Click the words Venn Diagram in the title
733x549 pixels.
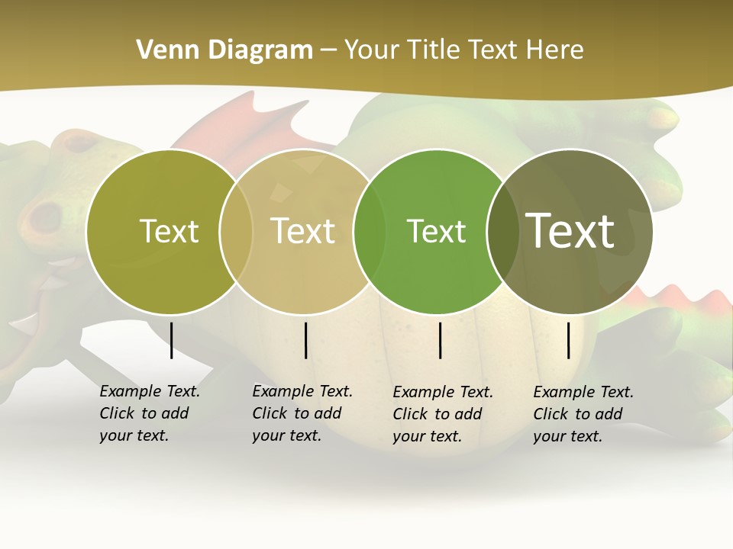pyautogui.click(x=224, y=50)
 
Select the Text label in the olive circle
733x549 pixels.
pyautogui.click(x=169, y=231)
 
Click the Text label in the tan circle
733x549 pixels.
pyautogui.click(x=302, y=231)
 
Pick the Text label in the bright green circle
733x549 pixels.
pyautogui.click(x=436, y=231)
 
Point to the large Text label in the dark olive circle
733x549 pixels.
pyautogui.click(x=570, y=230)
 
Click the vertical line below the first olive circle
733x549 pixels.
pyautogui.click(x=172, y=340)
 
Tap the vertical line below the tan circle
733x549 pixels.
pyautogui.click(x=305, y=340)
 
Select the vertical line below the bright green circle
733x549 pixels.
pyautogui.click(x=441, y=340)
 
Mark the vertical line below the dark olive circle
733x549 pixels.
pyautogui.click(x=569, y=340)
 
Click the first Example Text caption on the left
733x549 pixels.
pyautogui.click(x=149, y=413)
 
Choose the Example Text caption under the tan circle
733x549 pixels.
pyautogui.click(x=302, y=413)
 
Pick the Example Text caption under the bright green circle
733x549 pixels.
pyautogui.click(x=442, y=414)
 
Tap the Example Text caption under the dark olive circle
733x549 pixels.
pyautogui.click(x=583, y=414)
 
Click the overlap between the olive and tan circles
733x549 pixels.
pyautogui.click(x=236, y=231)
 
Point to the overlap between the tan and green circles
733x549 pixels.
pyautogui.click(x=370, y=231)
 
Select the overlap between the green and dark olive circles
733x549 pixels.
pyautogui.click(x=502, y=231)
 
